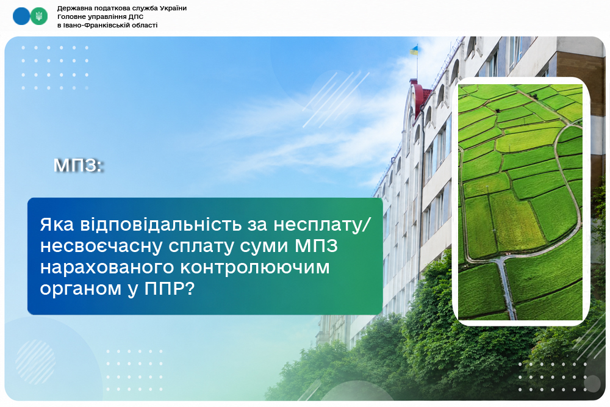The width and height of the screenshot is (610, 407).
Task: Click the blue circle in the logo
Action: click(21, 16)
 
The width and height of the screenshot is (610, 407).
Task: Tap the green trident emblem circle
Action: click(39, 16)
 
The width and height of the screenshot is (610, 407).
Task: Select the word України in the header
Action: click(173, 8)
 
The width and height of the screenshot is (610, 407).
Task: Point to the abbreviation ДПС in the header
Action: click(136, 16)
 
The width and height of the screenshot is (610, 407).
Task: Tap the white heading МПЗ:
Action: click(78, 165)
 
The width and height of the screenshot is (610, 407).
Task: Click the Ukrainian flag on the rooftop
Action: click(414, 50)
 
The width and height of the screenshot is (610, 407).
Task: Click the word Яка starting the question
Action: click(57, 225)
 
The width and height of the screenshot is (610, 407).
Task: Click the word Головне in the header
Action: click(70, 16)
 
